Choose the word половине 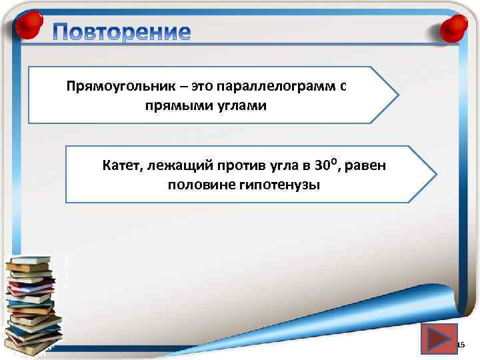click(199, 185)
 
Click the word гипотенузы click(277, 185)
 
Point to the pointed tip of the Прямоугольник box click(399, 95)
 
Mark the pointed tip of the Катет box click(437, 175)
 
